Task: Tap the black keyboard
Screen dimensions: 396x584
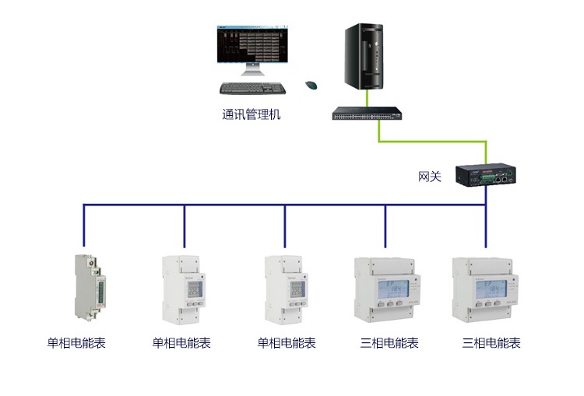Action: point(252,88)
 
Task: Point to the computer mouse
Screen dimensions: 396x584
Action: point(311,85)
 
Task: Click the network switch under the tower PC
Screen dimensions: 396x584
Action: point(369,114)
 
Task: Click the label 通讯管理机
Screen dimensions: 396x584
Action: point(251,115)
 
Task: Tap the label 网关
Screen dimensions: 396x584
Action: point(430,177)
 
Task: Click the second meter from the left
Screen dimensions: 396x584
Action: point(184,289)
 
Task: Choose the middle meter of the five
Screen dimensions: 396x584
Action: point(285,289)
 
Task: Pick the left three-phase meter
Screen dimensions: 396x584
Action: point(385,289)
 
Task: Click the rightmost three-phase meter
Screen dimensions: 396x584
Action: point(486,289)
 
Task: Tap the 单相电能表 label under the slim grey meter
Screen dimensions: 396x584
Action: point(76,343)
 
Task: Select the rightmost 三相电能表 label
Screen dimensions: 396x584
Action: point(491,343)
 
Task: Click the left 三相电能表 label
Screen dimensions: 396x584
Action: point(389,343)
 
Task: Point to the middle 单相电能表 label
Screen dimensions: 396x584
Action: point(287,343)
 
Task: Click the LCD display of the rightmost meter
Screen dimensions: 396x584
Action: point(486,293)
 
